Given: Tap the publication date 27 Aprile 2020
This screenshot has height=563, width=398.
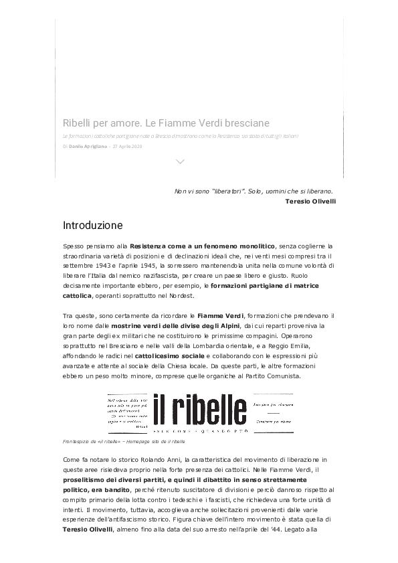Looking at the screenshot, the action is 128,146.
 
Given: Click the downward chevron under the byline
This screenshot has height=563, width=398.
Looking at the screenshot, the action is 179,161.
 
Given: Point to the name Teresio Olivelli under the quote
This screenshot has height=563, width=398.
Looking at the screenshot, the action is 310,200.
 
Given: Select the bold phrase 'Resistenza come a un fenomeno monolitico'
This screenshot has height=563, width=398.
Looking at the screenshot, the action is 203,246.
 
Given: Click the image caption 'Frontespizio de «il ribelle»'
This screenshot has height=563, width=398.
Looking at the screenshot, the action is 100,442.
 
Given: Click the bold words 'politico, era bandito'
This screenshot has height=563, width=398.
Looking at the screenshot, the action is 96,490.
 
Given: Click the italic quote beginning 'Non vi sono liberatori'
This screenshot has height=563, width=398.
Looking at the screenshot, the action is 254,191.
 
